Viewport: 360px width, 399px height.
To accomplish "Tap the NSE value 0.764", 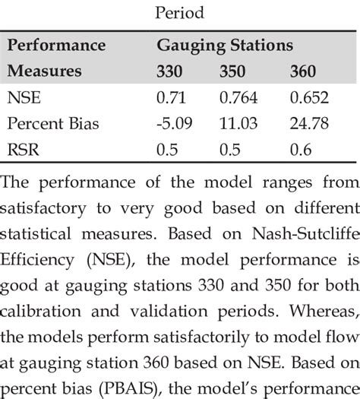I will pos(238,98).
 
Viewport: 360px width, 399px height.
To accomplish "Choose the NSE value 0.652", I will pos(307,98).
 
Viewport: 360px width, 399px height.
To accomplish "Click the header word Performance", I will pos(56,46).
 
